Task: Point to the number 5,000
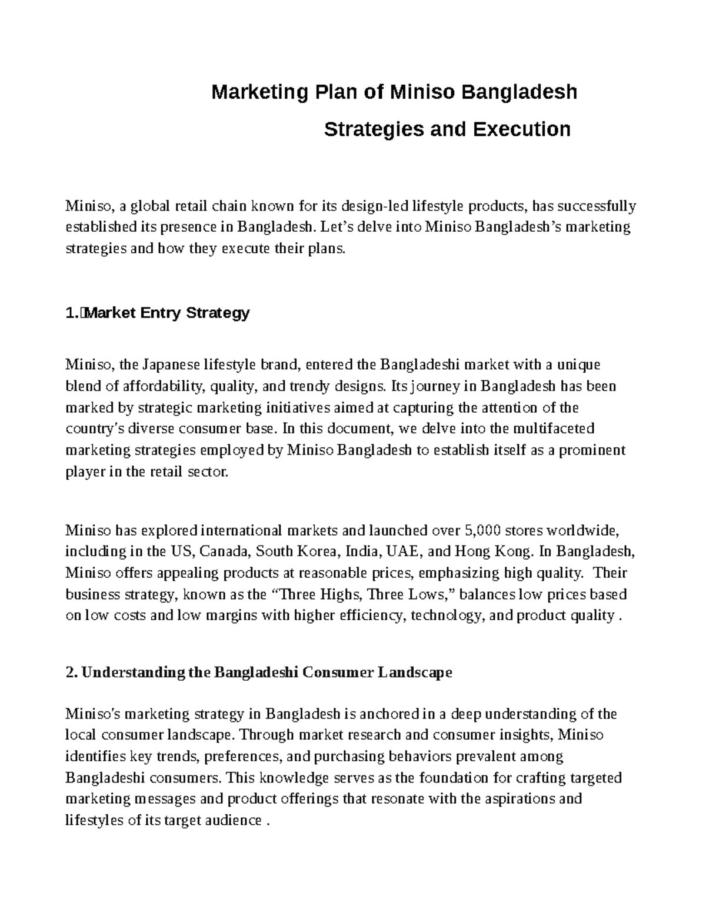tap(482, 531)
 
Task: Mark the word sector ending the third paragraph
tap(209, 471)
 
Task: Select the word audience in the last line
tap(231, 820)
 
